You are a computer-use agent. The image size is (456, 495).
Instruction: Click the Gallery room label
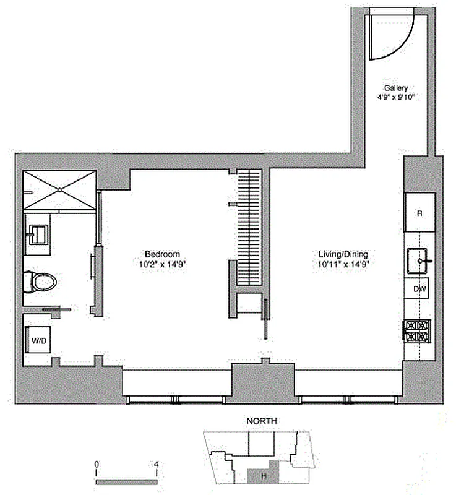pos(395,88)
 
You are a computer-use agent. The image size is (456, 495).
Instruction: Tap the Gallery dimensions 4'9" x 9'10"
pos(395,97)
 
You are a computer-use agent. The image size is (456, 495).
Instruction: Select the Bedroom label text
pos(162,254)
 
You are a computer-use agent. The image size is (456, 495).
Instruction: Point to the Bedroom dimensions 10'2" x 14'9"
pos(162,263)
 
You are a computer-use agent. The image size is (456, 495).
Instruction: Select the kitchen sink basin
pos(419,260)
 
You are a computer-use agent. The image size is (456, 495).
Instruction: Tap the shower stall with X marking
pos(59,189)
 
